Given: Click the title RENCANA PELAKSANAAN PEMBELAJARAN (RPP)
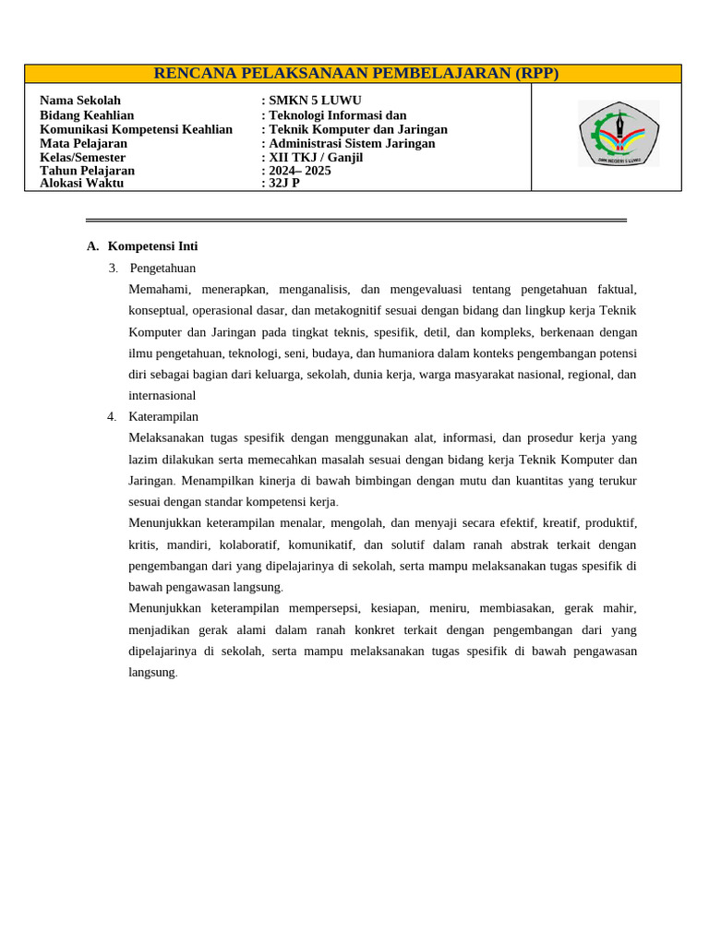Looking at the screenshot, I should pos(355,74).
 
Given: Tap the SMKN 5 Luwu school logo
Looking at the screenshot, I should pos(619,134).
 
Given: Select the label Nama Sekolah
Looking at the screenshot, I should pos(80,101).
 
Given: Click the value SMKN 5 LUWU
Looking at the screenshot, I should pos(315,101).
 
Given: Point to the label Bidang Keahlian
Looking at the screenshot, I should pos(87,115).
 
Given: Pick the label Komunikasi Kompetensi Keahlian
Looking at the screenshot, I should pos(136,129).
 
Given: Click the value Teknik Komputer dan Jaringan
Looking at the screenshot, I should pos(358,129).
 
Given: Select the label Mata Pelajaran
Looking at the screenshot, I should pos(83,144).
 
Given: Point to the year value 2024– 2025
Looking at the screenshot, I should pos(299,171).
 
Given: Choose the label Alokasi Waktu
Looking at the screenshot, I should pos(81,184).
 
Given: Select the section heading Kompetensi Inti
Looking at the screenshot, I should pos(152,246).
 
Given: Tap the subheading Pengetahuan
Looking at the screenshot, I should pos(162,269).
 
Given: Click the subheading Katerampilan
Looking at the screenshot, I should pos(163,417).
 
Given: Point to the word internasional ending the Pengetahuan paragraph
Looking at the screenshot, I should pos(162,396).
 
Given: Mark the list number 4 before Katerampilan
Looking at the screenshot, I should pos(111,417).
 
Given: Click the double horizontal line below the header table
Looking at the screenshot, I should pos(355,221).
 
